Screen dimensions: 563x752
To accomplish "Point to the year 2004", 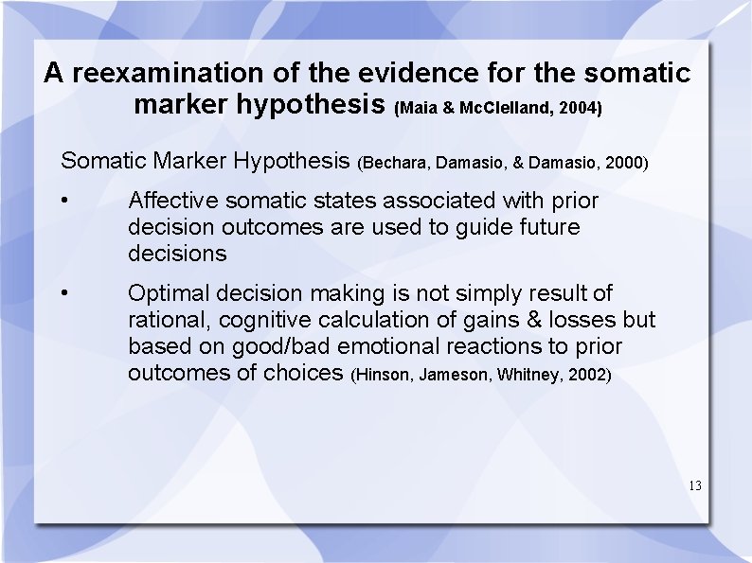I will tap(579, 109).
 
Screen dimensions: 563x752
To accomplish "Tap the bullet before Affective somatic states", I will tap(63, 201).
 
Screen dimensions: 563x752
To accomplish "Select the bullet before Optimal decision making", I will tap(63, 293).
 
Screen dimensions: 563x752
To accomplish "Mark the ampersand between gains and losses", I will tap(524, 320).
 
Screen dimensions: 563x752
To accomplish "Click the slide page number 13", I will tap(695, 486).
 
